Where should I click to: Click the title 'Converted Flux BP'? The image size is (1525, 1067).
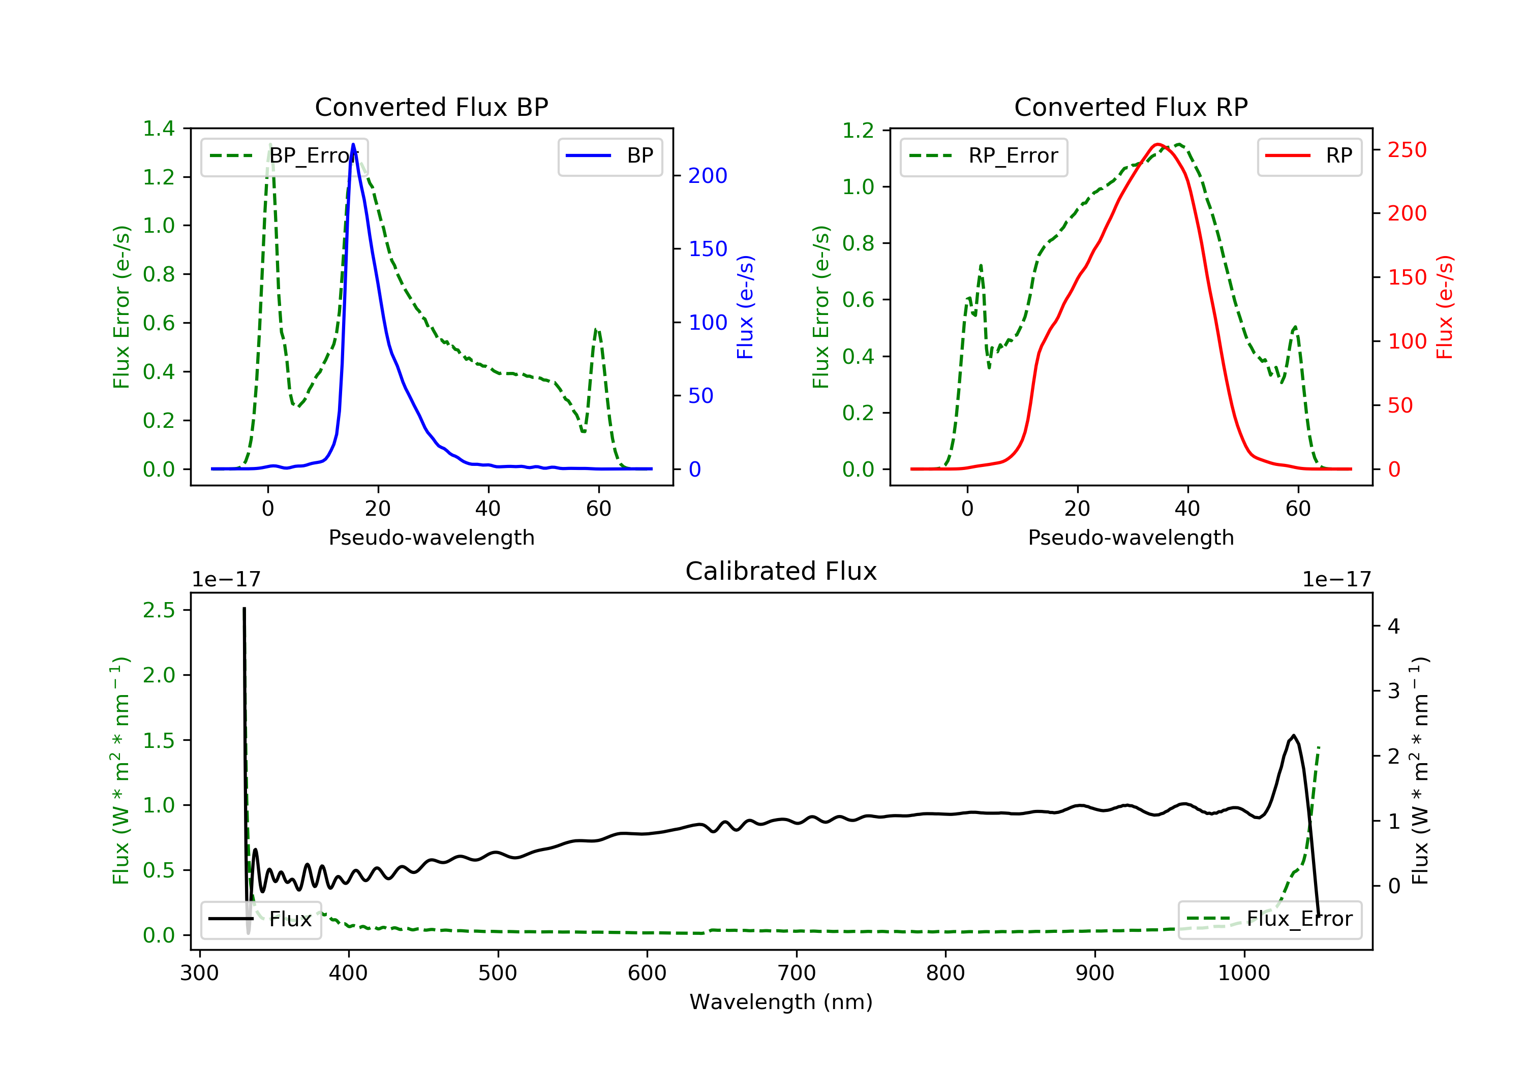[431, 107]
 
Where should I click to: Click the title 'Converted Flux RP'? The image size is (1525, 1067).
[1131, 107]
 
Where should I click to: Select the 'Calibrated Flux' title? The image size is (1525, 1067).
[781, 571]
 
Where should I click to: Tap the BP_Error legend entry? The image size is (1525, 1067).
[284, 156]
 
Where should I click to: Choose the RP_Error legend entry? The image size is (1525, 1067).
[984, 156]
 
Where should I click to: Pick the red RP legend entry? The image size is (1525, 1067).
[1309, 156]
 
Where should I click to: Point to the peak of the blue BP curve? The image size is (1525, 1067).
[353, 144]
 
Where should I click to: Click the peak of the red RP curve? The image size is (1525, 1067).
[1157, 144]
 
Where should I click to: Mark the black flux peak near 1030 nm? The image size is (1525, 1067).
[1293, 736]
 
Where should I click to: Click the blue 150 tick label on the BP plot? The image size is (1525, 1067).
[708, 249]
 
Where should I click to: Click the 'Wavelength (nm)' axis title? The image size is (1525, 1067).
[781, 1002]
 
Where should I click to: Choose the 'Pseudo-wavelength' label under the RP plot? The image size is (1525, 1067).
[1131, 537]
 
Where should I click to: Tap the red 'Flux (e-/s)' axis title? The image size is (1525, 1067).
[1445, 307]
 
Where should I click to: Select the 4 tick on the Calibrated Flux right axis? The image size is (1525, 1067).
[1394, 626]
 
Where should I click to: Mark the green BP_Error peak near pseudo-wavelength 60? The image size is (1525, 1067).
[596, 329]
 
